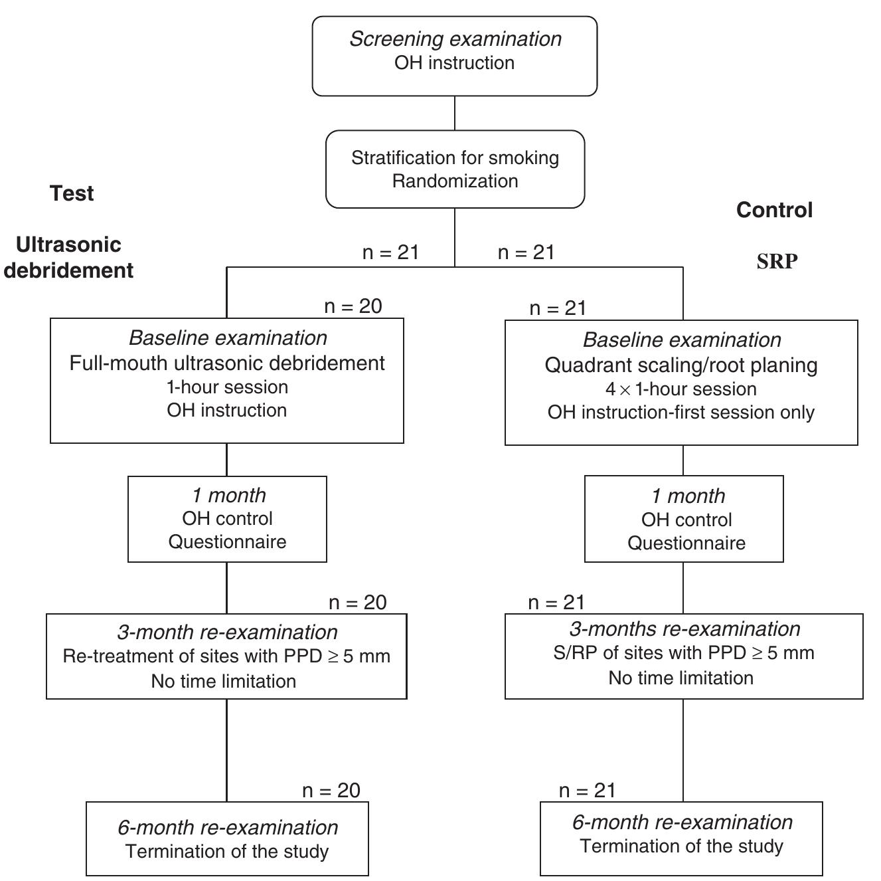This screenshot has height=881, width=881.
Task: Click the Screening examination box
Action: click(455, 56)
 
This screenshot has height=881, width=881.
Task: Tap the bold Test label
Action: click(72, 193)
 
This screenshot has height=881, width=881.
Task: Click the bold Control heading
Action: click(774, 210)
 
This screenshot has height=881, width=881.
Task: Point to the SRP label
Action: click(777, 261)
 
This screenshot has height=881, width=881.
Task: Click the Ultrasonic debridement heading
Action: click(69, 258)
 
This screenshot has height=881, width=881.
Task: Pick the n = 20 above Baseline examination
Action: click(353, 306)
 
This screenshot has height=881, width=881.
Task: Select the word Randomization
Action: click(455, 181)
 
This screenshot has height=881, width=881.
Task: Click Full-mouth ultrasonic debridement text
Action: click(227, 363)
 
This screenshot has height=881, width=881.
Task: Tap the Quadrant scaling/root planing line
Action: click(681, 365)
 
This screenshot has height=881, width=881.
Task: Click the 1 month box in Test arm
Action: click(227, 519)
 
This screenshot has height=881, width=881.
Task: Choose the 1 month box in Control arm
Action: click(684, 519)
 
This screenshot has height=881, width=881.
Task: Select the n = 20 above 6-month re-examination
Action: click(331, 790)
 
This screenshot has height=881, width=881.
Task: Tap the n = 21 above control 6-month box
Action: click(588, 790)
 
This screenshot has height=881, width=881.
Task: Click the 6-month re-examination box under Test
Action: click(227, 838)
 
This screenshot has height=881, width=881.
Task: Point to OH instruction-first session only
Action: click(681, 412)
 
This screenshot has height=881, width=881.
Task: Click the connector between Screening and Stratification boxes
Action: click(455, 113)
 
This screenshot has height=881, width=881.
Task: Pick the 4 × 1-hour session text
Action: click(681, 389)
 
